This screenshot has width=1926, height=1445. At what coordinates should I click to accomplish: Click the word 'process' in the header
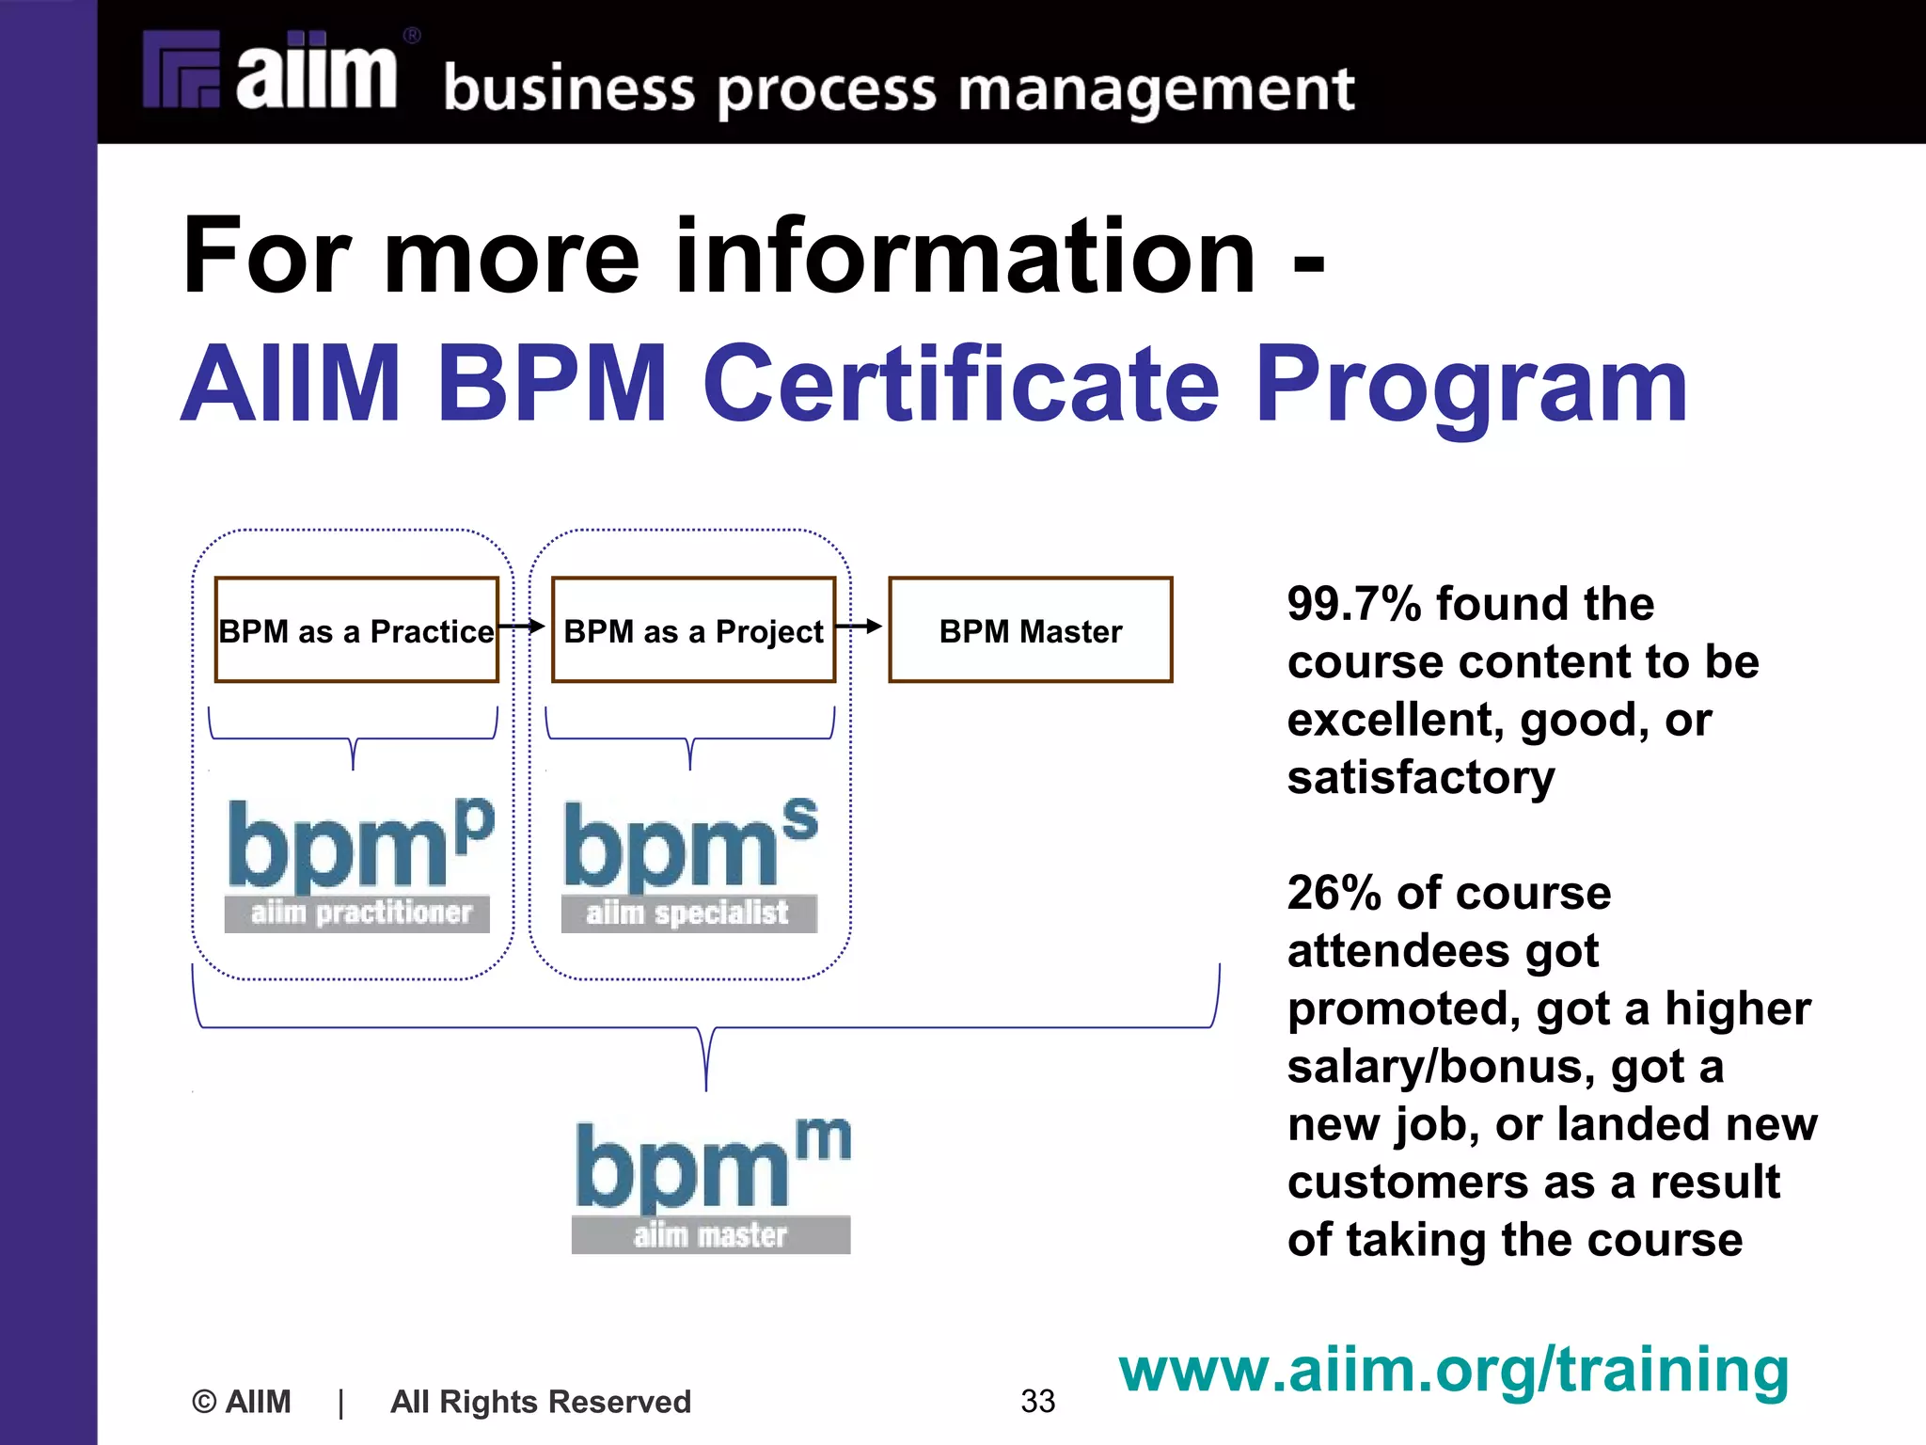click(828, 91)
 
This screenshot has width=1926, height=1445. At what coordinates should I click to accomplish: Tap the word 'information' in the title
click(965, 256)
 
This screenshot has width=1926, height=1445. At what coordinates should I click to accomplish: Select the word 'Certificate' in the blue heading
click(961, 385)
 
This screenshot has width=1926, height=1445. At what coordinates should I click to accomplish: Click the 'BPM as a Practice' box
click(356, 630)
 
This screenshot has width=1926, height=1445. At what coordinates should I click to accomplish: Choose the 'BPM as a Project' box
click(693, 630)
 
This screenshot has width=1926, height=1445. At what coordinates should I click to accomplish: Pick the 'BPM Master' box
click(1031, 630)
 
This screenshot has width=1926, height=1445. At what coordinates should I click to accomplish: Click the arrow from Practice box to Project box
click(523, 626)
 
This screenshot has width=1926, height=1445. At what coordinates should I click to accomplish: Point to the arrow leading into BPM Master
click(860, 626)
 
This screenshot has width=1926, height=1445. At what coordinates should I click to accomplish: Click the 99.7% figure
click(1353, 604)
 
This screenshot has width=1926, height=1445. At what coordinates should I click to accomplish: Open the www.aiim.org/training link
click(1453, 1370)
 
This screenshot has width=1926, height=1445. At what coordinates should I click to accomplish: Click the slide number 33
click(1037, 1401)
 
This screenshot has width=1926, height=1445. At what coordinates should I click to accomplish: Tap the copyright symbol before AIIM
click(204, 1402)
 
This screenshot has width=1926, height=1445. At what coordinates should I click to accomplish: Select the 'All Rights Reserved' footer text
click(541, 1402)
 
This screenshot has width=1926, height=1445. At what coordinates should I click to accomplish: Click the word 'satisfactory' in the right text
click(1421, 778)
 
